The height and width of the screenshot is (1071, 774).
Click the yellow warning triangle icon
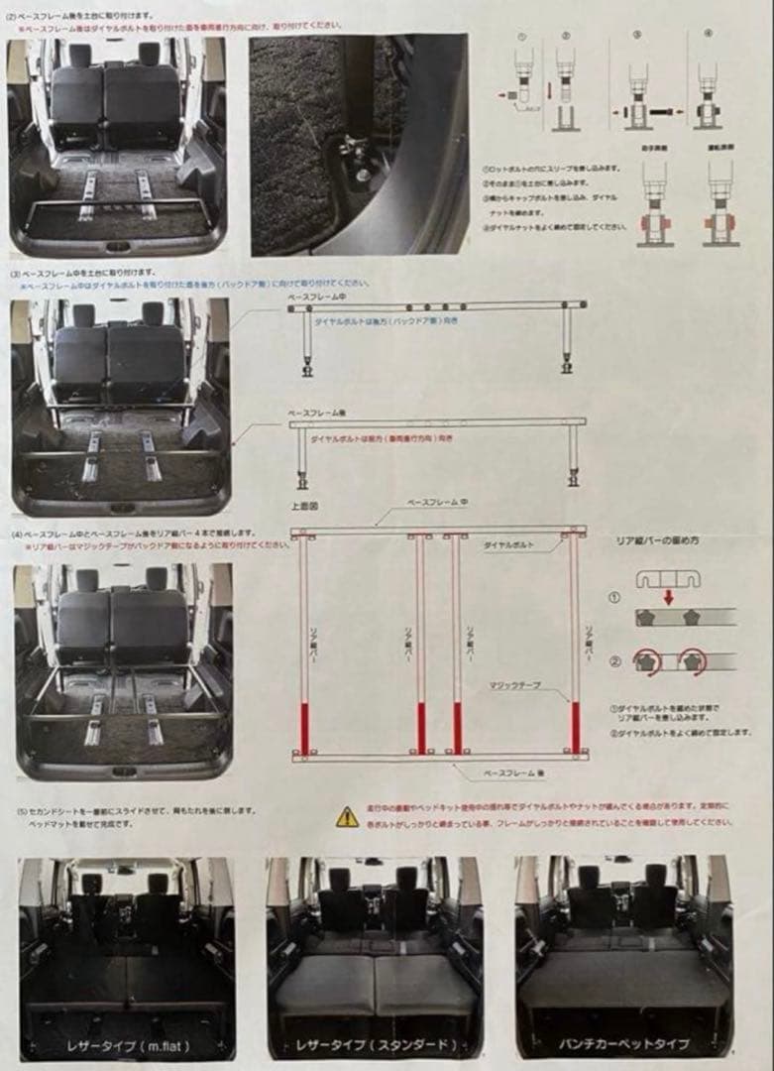click(x=346, y=816)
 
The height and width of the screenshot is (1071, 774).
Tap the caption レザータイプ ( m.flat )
click(x=127, y=1044)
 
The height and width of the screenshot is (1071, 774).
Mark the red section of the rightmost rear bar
click(x=576, y=727)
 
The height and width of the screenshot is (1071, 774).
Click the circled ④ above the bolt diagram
click(x=708, y=35)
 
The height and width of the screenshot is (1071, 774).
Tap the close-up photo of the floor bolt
click(x=359, y=146)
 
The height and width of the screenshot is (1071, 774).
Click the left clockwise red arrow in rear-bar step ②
click(x=649, y=662)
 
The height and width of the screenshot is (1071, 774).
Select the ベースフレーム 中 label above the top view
click(x=440, y=504)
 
